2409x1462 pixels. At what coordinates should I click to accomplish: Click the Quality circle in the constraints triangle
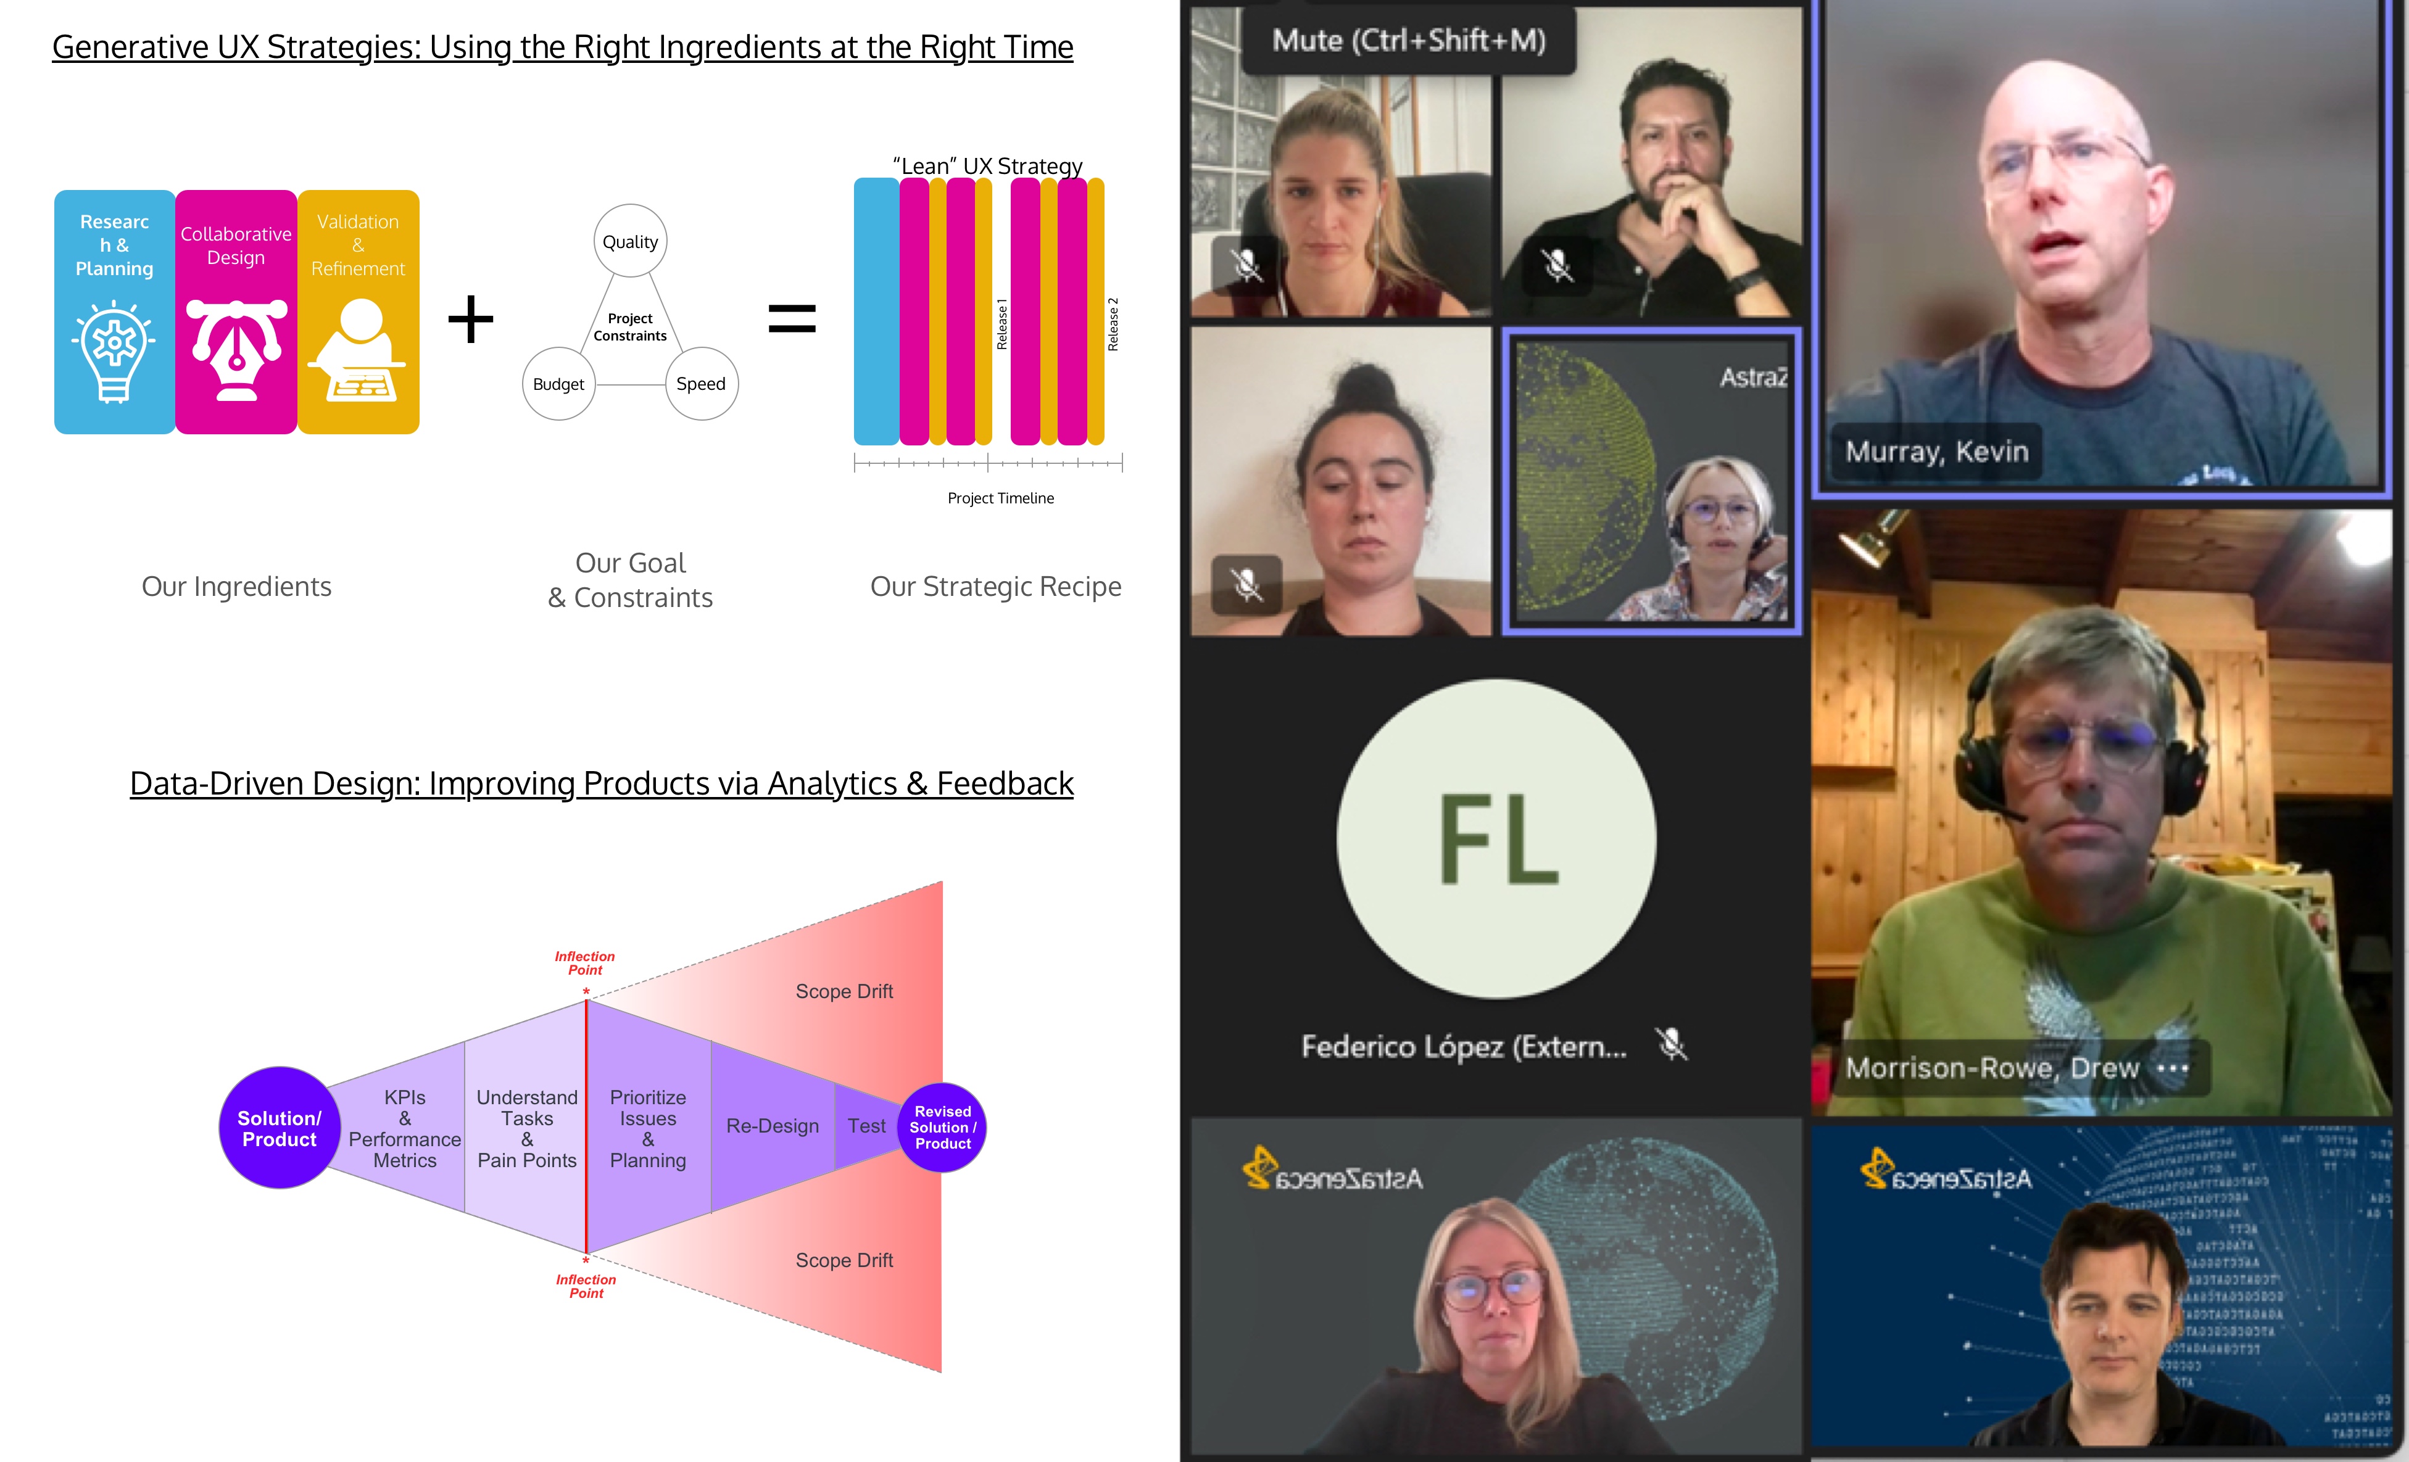(629, 241)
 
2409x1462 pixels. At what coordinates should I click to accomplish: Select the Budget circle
(558, 384)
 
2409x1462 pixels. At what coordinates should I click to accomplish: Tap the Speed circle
(701, 384)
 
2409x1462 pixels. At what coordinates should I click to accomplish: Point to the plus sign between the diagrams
(470, 320)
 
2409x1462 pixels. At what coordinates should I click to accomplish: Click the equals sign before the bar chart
(792, 318)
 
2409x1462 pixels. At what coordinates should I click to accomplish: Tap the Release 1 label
(1001, 324)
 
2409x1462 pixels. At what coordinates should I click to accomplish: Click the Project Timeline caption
(1000, 498)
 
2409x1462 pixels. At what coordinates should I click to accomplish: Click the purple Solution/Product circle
(280, 1128)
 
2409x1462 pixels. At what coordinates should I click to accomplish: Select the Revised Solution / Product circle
(942, 1128)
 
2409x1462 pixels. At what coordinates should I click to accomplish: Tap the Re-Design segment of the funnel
(773, 1126)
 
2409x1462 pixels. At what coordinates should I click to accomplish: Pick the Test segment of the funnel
(866, 1126)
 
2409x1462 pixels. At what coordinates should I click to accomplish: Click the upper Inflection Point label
(584, 962)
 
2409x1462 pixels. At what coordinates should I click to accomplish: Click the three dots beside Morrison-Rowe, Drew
(2173, 1068)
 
